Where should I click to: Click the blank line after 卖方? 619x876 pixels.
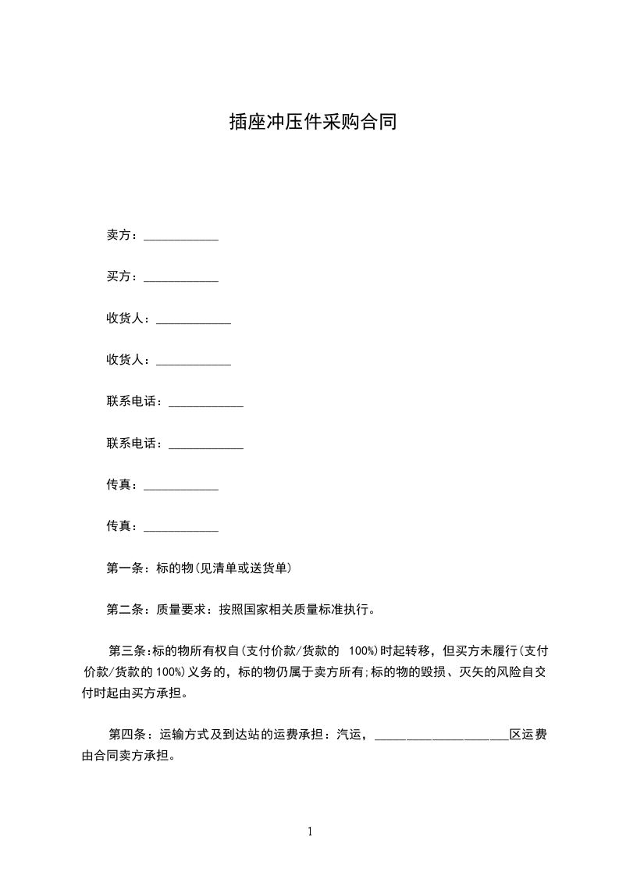181,238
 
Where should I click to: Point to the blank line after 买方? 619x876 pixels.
181,280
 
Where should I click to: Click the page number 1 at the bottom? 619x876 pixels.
310,831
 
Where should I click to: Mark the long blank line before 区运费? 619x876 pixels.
442,738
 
